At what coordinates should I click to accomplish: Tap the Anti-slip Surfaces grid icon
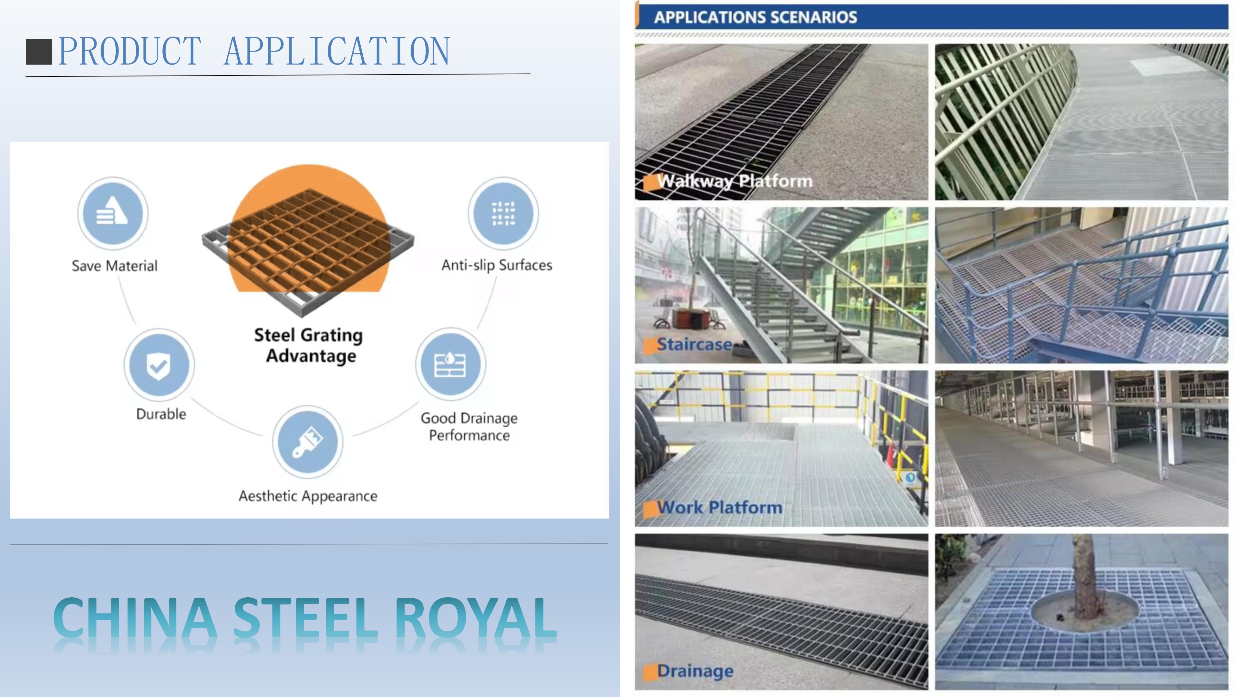[503, 213]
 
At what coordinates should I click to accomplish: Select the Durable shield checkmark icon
[159, 365]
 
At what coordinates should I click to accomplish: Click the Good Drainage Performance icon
[450, 364]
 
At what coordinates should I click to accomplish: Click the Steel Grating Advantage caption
[309, 345]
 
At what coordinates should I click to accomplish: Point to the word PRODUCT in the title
[129, 52]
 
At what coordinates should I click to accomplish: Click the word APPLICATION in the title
[337, 52]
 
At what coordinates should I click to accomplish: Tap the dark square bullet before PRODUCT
[38, 52]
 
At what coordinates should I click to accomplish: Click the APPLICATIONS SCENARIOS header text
[755, 17]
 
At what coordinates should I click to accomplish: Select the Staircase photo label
[694, 344]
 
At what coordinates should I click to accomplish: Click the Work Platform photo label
[720, 508]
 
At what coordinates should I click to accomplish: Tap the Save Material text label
[115, 266]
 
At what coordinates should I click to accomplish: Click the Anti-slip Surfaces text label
[497, 265]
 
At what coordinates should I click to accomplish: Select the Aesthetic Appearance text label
[308, 496]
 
